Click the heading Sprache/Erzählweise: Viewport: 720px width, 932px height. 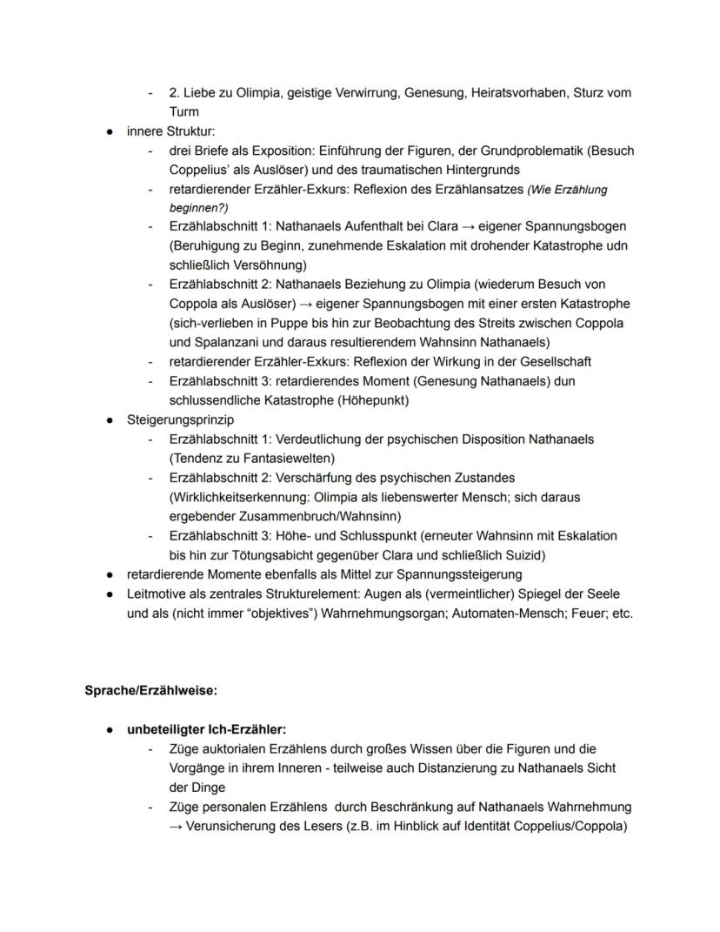(x=150, y=690)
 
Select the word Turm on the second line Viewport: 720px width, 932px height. (x=184, y=111)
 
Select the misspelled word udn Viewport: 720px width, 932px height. (x=617, y=245)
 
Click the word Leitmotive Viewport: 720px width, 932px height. (x=159, y=593)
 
